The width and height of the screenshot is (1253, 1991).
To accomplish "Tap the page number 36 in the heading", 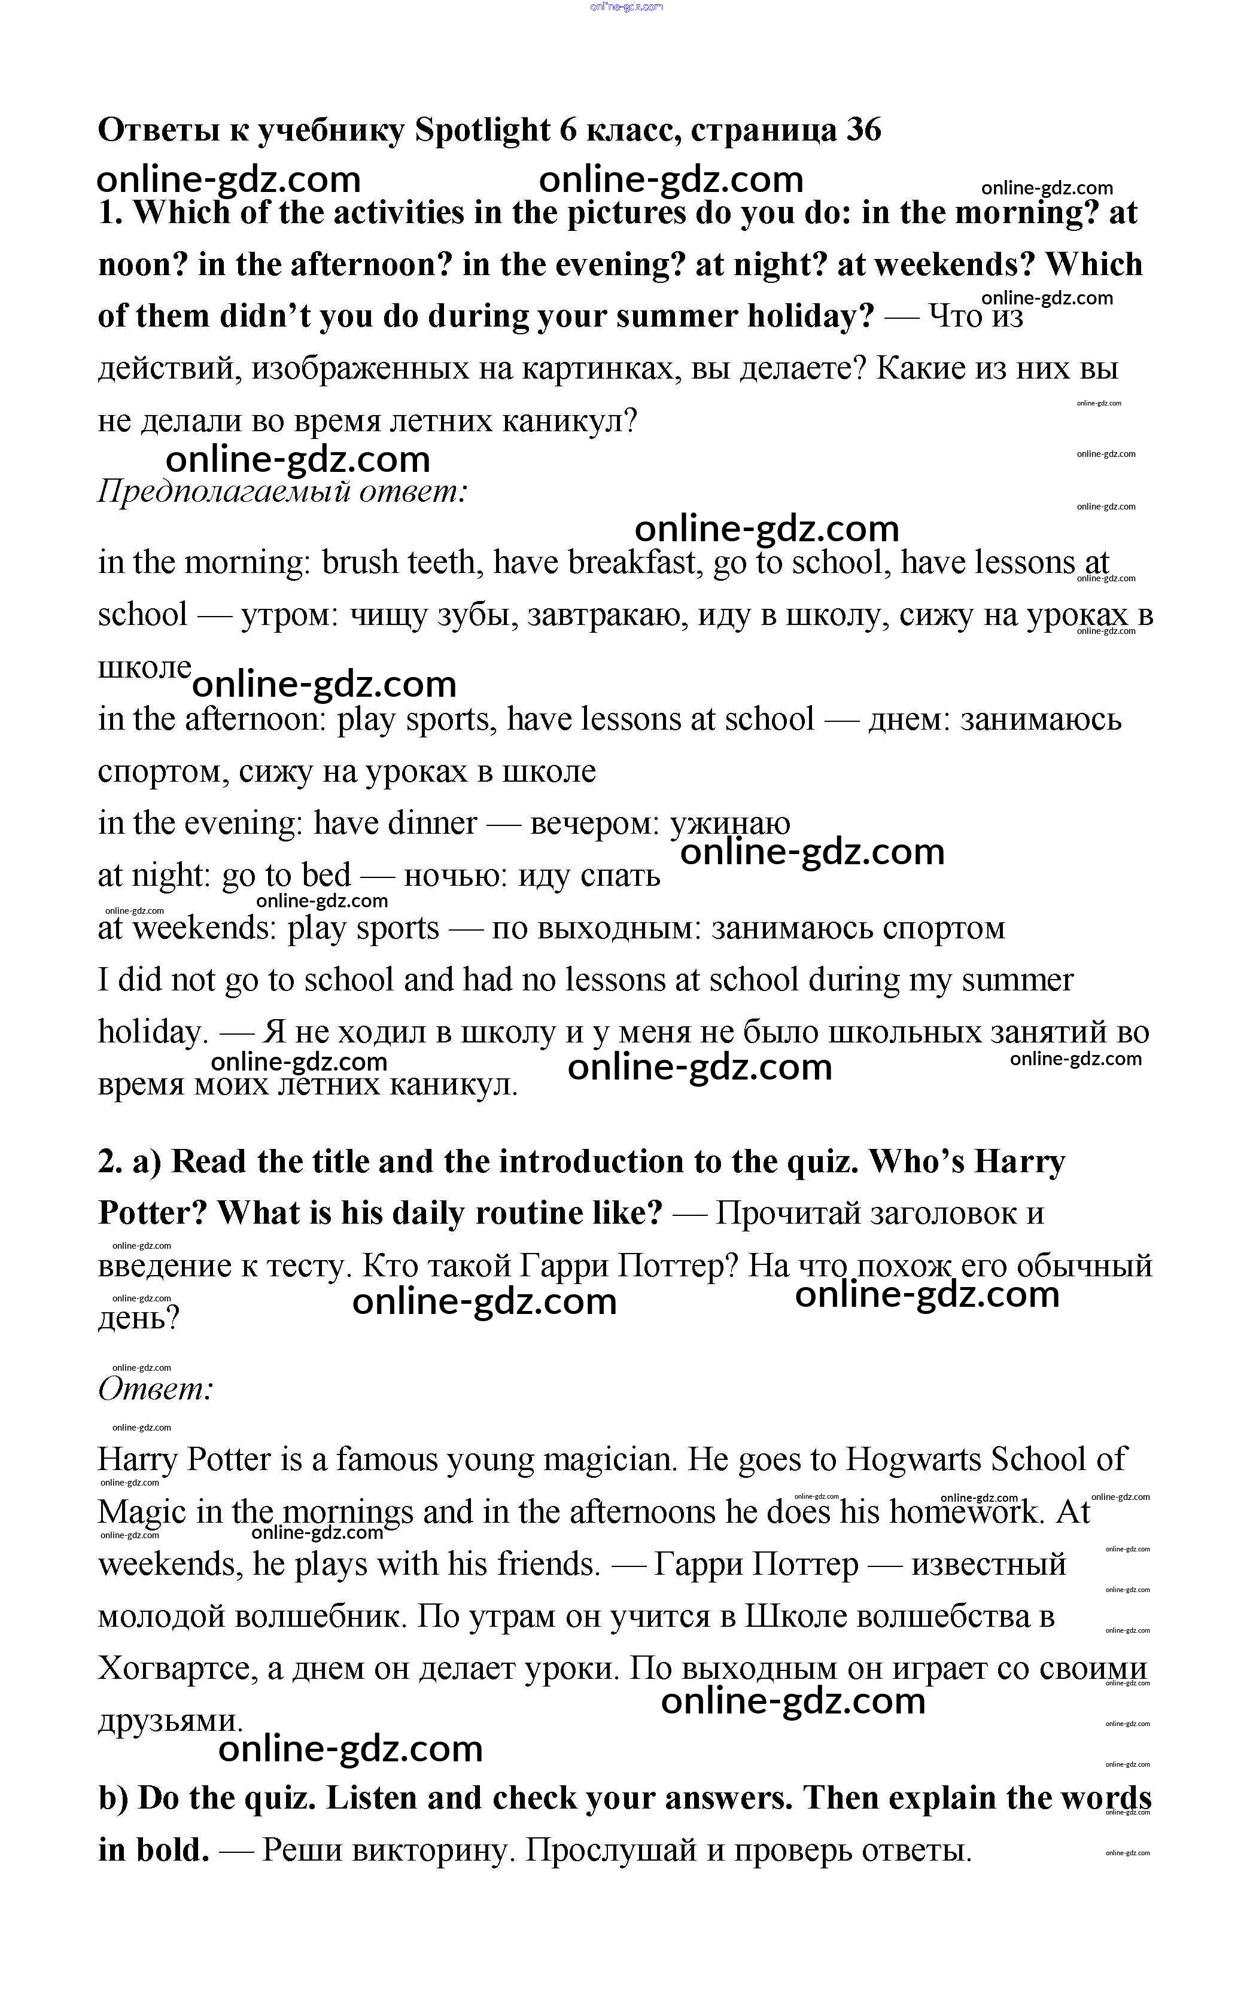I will click(863, 130).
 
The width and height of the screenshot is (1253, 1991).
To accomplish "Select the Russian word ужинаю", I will click(729, 824).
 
